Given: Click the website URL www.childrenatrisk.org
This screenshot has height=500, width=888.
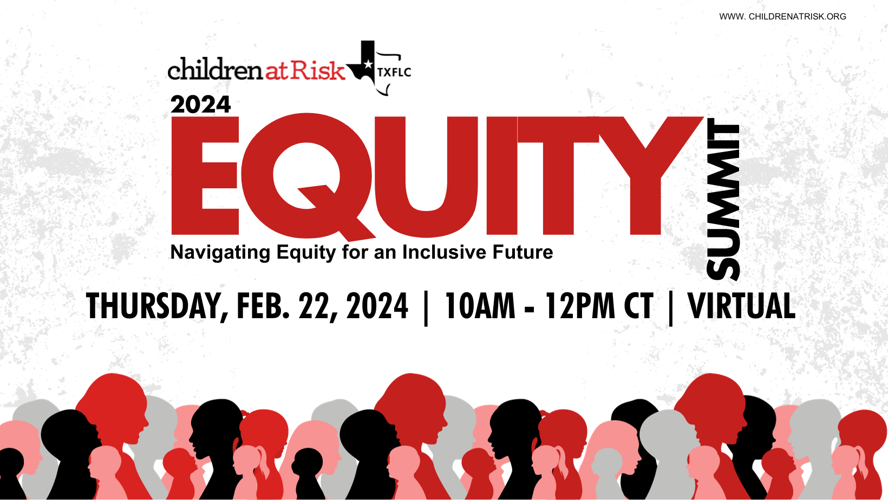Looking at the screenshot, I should tap(782, 17).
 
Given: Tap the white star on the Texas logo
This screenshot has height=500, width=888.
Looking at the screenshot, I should tap(368, 65).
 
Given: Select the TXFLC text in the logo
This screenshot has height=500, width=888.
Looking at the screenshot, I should tap(394, 72).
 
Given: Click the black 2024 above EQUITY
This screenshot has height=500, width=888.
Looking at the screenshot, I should tap(200, 104).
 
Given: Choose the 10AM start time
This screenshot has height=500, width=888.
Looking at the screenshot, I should tap(480, 306).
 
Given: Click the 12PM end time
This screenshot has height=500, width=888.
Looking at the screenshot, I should tap(580, 306).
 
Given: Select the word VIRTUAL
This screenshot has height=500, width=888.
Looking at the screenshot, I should tap(741, 306).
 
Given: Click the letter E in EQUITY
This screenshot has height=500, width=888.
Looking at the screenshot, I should tap(204, 176).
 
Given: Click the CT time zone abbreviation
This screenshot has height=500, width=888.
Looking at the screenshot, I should tap(639, 306).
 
